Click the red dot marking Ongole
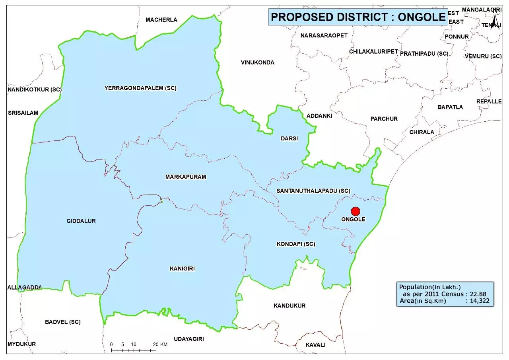click(x=356, y=211)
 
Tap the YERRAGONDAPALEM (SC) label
click(x=140, y=88)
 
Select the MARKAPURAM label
click(x=186, y=177)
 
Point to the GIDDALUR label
click(x=81, y=221)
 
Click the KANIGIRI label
click(x=182, y=269)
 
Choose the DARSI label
click(x=289, y=138)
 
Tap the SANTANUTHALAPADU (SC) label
click(x=313, y=191)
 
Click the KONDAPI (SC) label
click(x=295, y=244)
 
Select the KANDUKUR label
click(x=289, y=306)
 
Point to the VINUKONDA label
click(x=257, y=62)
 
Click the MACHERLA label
click(x=161, y=20)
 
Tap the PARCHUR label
click(x=384, y=119)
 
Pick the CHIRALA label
click(x=422, y=132)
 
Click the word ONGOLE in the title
click(x=422, y=17)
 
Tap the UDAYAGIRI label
click(x=188, y=339)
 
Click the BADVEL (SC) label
click(x=62, y=322)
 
